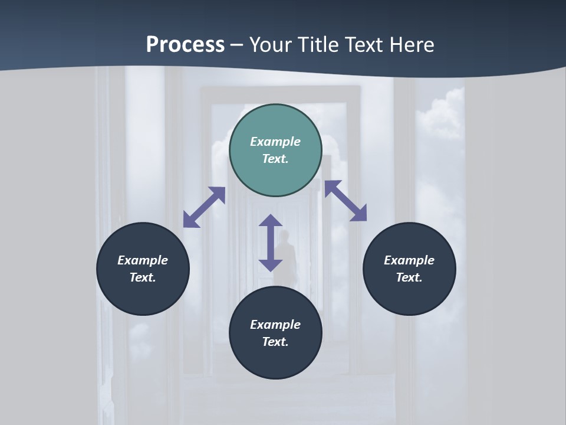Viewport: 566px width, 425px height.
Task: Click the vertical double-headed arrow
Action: (271, 243)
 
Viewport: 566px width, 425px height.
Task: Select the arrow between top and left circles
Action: (204, 207)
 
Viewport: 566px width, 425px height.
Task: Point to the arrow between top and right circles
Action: (345, 201)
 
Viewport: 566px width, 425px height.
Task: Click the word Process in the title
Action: (185, 45)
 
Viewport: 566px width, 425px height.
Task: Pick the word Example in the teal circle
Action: (275, 142)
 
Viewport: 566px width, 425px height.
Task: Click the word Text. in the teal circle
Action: (275, 159)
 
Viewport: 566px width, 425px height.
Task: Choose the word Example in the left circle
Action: (143, 260)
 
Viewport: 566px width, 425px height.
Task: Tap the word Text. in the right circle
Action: (409, 277)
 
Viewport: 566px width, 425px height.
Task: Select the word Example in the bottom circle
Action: (275, 325)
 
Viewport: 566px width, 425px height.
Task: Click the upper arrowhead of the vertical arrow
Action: (271, 221)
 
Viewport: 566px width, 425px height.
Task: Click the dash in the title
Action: (237, 45)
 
